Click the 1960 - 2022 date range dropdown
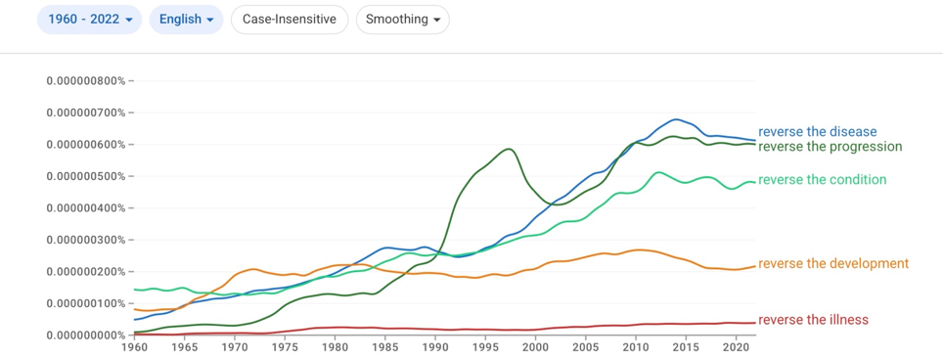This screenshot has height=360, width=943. (x=90, y=20)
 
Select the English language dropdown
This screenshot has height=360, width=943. (x=187, y=20)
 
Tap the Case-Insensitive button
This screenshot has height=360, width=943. (x=290, y=20)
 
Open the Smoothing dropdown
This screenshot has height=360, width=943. (x=403, y=20)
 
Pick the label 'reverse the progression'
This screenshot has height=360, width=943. (x=831, y=147)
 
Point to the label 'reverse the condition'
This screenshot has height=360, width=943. (x=822, y=180)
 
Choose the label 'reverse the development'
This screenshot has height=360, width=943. (x=833, y=263)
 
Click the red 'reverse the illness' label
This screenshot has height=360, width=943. (x=813, y=320)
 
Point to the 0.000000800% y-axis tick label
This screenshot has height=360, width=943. (x=86, y=80)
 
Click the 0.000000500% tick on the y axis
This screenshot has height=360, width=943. (x=86, y=176)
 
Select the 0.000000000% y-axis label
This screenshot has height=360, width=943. (x=86, y=335)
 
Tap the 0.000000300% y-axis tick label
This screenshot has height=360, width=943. (x=86, y=240)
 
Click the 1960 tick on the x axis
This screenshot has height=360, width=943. (x=134, y=347)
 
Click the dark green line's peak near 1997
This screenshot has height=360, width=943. (x=510, y=149)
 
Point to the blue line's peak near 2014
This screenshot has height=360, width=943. (x=676, y=119)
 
